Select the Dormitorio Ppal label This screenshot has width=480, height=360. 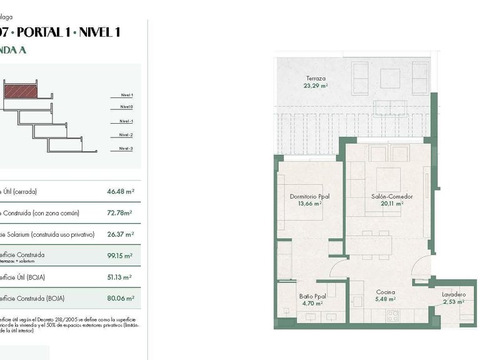point(309,196)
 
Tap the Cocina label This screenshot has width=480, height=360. point(385,292)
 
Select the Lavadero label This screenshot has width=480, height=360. point(454,294)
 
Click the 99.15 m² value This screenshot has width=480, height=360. point(119,256)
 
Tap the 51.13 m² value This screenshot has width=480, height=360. point(119,277)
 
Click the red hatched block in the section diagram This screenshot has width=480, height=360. point(21,91)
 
